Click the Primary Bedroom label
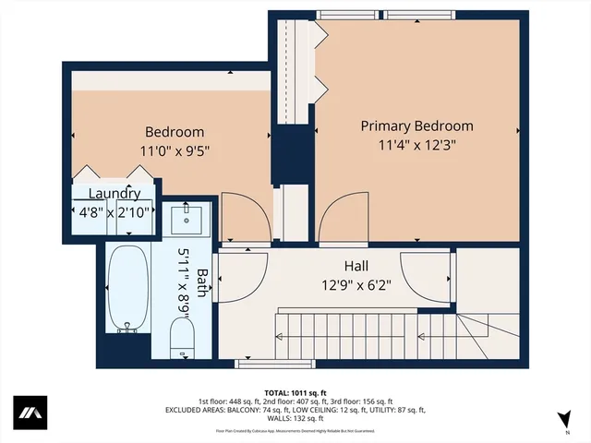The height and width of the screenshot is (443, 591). [x=416, y=126]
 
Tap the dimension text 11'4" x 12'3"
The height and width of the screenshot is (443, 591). [x=416, y=144]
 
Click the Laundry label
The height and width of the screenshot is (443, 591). [x=115, y=194]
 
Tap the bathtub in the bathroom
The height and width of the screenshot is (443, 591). [x=127, y=286]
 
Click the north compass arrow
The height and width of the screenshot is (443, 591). [x=563, y=420]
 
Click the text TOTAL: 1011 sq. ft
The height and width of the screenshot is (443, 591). [x=295, y=391]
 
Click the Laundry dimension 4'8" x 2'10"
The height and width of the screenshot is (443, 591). [x=115, y=212]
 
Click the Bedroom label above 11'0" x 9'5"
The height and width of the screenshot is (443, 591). [x=175, y=132]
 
